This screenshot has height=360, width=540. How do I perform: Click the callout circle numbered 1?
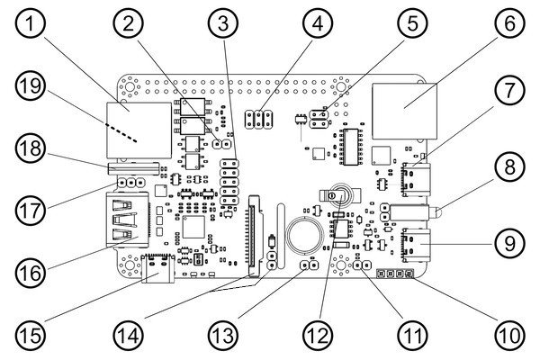(x=34, y=26)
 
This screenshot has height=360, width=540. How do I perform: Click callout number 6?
(x=508, y=26)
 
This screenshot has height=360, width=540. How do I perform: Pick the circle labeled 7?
(x=508, y=93)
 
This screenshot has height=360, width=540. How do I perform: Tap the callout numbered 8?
(x=508, y=168)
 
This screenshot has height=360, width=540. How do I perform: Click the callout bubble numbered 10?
(x=508, y=335)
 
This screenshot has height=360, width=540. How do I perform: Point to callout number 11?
(x=413, y=335)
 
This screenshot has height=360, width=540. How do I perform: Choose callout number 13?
(x=221, y=335)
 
